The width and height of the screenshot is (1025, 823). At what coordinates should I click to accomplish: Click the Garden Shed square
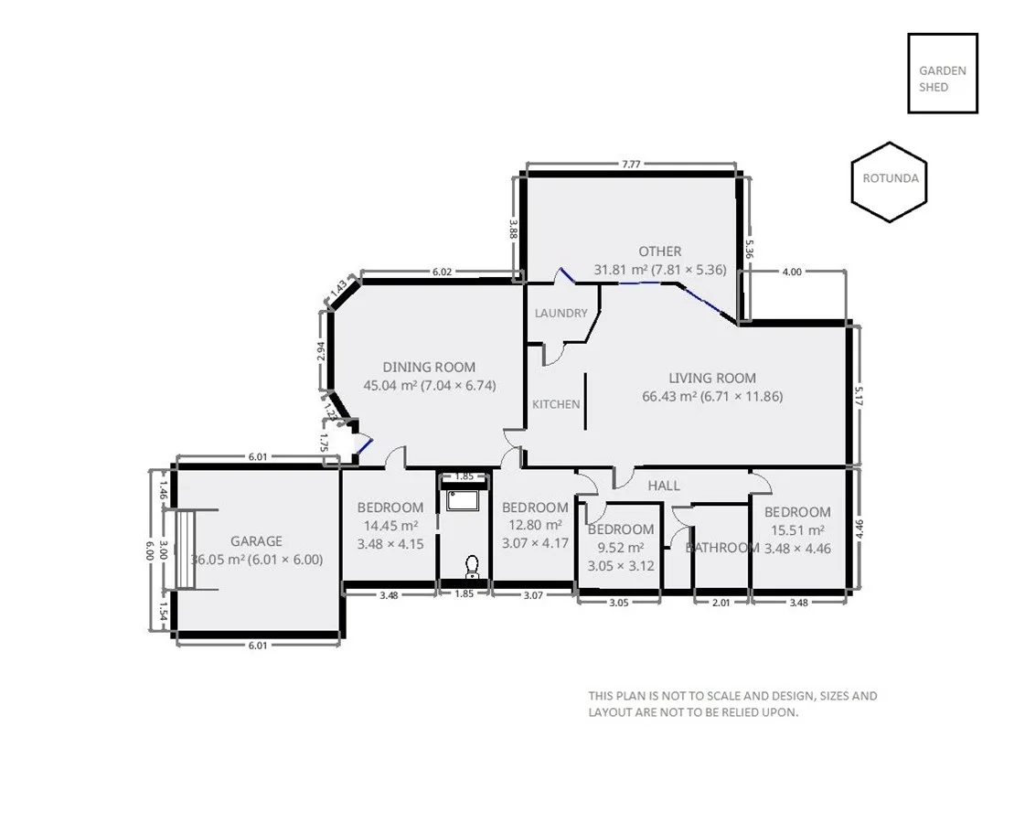tap(942, 73)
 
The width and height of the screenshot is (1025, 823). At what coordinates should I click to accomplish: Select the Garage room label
tap(256, 540)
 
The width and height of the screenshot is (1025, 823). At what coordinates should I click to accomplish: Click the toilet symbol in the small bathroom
tap(472, 568)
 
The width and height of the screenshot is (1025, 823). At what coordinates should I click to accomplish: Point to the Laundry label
tap(561, 313)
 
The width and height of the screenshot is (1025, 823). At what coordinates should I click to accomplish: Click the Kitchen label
tap(556, 403)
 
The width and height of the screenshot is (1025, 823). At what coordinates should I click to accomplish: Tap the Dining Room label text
tap(429, 367)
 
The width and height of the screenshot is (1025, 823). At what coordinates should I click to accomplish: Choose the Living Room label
tap(712, 378)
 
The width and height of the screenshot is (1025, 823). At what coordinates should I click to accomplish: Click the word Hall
tap(663, 486)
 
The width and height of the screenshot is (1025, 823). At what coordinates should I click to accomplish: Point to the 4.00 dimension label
tap(792, 272)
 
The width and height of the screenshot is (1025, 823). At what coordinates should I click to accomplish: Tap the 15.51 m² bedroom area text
tap(797, 529)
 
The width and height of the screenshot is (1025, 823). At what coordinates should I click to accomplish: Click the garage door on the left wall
tap(186, 549)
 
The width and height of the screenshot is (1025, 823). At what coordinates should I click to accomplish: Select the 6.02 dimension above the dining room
tap(442, 272)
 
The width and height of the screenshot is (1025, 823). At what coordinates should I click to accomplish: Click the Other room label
tap(659, 251)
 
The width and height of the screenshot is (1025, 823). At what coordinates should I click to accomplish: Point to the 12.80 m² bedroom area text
tap(535, 525)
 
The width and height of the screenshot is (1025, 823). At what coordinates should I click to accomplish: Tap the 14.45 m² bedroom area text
tap(390, 525)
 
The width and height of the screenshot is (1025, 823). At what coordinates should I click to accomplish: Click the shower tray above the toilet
tap(463, 501)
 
